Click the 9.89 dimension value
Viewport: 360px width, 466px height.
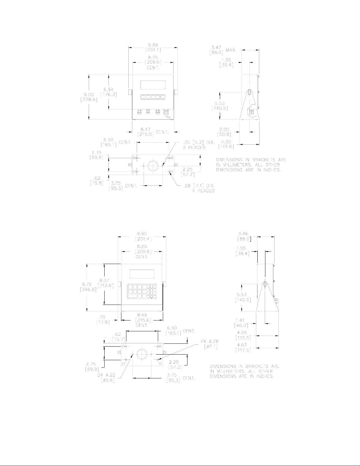[x=153, y=45]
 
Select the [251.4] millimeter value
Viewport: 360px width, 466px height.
[x=142, y=239]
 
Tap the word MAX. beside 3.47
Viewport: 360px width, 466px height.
[x=231, y=50]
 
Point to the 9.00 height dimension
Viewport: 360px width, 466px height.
[x=89, y=95]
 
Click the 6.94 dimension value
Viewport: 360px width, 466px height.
[x=109, y=90]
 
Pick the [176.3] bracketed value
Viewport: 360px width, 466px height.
[x=109, y=95]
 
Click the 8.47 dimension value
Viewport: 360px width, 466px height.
[x=145, y=130]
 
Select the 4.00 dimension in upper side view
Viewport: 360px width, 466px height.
[x=226, y=142]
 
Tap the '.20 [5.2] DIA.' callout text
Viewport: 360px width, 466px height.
[x=199, y=143]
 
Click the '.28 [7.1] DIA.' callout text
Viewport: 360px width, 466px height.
[x=199, y=186]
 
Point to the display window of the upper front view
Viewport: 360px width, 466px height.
[x=153, y=85]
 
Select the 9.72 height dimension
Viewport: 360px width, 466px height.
[x=87, y=284]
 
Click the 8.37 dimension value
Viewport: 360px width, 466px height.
[x=104, y=280]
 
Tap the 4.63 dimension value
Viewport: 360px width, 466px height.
[x=242, y=345]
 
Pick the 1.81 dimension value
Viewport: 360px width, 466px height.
[x=240, y=320]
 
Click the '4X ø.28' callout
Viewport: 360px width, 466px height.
[x=210, y=341]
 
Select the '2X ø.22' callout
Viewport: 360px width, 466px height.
[x=106, y=375]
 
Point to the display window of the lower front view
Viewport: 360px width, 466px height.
[x=142, y=274]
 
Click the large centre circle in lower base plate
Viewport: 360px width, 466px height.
[x=142, y=354]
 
